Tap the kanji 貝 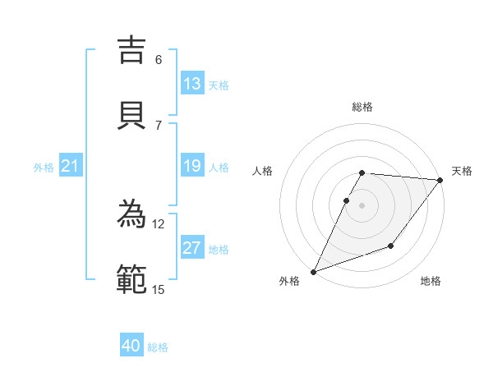coord(133,114)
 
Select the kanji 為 coord(133,214)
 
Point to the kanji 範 coord(133,278)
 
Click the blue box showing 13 coord(192,84)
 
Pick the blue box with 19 coord(192,167)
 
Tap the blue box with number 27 coord(192,248)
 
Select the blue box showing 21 coord(70,167)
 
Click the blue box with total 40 coord(131,346)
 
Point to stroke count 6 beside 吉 coord(159,60)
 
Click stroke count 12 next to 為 coord(159,224)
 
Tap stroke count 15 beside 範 coord(159,289)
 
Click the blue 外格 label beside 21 coord(44,168)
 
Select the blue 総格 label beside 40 coord(158,347)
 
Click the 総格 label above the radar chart coord(362,107)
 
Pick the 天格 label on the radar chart coord(462,171)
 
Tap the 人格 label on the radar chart coord(262,171)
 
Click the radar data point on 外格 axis coord(313,272)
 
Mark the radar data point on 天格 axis coord(440,180)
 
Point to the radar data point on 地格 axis coord(391,246)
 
